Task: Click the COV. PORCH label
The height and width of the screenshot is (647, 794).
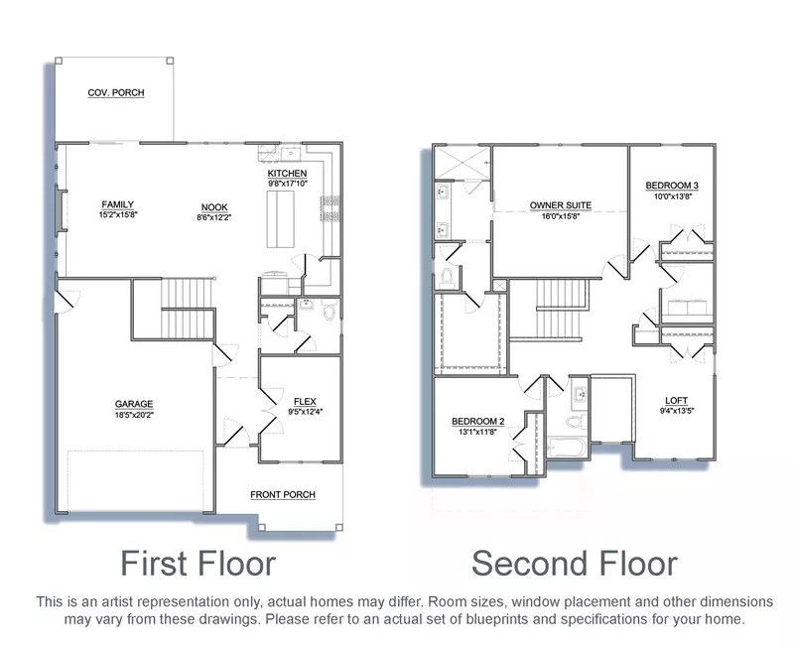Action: (x=116, y=92)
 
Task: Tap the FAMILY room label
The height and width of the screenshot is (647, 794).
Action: (x=117, y=204)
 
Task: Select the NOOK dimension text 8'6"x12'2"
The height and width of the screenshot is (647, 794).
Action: (x=214, y=217)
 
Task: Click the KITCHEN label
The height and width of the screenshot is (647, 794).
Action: (x=287, y=174)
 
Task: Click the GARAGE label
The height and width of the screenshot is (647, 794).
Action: (x=134, y=404)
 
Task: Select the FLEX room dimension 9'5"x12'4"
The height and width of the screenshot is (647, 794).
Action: (x=306, y=412)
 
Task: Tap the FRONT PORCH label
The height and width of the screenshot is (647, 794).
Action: (x=283, y=494)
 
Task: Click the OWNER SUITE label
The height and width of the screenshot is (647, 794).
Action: (x=561, y=205)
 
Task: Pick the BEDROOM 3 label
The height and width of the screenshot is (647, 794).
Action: (x=672, y=186)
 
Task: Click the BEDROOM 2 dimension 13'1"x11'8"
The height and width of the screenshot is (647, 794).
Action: (x=477, y=432)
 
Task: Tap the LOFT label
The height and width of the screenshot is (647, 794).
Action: (x=677, y=401)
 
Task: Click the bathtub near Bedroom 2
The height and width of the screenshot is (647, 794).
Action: (x=567, y=448)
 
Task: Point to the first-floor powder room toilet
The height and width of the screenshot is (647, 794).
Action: (x=330, y=310)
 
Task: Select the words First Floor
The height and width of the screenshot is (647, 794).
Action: (x=198, y=563)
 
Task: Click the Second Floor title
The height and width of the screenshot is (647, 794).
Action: (x=575, y=563)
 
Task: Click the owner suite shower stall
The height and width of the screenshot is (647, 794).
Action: (x=463, y=163)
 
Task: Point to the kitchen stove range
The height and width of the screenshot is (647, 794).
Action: (x=330, y=208)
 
